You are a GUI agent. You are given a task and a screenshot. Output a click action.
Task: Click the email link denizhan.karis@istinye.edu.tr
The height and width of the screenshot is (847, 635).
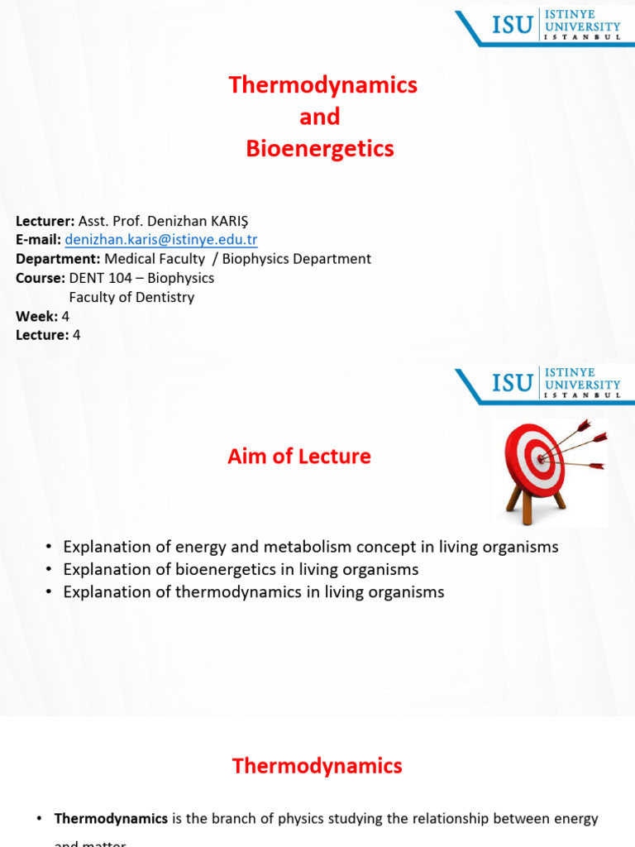[x=161, y=240]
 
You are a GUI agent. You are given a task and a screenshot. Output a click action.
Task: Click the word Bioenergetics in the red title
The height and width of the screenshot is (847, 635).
[x=320, y=149]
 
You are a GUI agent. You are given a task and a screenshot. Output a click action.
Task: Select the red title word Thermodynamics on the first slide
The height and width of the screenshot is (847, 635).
[x=322, y=84]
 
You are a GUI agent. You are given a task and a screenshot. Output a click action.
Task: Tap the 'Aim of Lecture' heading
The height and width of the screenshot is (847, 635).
[x=299, y=456]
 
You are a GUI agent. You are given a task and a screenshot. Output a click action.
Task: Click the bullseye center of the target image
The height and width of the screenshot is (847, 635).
[x=542, y=456]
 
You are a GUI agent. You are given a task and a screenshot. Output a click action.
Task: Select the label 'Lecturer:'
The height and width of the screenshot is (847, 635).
[x=45, y=221]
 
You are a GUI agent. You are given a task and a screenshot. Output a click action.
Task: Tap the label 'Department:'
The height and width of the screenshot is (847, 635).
[x=58, y=259]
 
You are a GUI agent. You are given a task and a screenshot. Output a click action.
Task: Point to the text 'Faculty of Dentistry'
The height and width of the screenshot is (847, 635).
[x=131, y=297]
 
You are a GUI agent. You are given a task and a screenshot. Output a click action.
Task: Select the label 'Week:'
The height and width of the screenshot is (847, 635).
[x=36, y=316]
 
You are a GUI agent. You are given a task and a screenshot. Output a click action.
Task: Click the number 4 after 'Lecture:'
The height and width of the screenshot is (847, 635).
[x=77, y=335]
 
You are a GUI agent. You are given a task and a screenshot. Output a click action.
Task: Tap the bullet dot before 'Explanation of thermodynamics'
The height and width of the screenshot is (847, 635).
[x=50, y=592]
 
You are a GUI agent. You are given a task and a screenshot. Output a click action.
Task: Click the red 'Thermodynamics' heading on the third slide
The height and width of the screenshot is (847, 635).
[x=317, y=766]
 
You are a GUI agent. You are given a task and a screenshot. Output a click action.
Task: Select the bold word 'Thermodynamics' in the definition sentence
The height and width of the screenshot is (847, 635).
[x=111, y=819]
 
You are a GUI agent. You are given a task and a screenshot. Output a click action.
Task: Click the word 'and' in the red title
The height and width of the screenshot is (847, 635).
[x=320, y=117]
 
